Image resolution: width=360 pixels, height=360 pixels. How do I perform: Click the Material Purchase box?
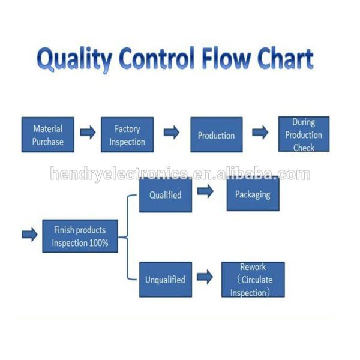[48, 134]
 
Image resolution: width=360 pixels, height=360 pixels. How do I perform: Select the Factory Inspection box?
[127, 134]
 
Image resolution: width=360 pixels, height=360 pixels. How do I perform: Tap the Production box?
[216, 134]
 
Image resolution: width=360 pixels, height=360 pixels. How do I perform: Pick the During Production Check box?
[304, 134]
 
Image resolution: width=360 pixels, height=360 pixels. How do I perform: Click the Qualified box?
[166, 194]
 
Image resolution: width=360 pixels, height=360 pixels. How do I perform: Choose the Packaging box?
[253, 194]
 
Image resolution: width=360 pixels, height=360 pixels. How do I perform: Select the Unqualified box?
[166, 279]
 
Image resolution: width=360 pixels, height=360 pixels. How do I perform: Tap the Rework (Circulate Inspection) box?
[253, 279]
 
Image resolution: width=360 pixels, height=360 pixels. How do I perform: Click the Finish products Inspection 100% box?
[80, 236]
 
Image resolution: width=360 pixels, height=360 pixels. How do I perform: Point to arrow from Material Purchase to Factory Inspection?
[88, 133]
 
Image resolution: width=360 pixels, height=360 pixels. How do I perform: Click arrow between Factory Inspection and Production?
[172, 133]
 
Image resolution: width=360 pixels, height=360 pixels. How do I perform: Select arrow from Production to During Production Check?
[260, 133]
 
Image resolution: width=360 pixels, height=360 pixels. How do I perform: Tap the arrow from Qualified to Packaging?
[205, 192]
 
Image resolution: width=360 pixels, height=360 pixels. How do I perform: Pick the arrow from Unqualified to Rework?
[205, 277]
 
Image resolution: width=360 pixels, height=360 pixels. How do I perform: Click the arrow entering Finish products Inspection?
[29, 234]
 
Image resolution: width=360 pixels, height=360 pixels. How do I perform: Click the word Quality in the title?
[74, 60]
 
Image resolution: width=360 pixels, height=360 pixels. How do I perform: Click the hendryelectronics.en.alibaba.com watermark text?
[180, 175]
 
